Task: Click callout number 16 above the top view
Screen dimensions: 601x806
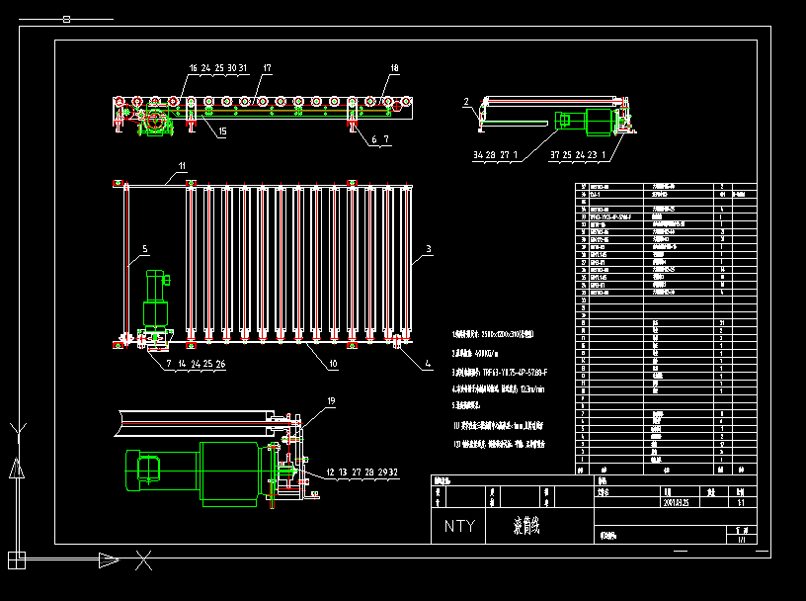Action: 194,68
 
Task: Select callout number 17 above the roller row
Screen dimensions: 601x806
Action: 267,68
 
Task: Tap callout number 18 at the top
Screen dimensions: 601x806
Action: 394,68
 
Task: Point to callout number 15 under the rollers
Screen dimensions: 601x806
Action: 221,131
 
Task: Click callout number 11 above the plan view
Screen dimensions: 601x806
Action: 182,165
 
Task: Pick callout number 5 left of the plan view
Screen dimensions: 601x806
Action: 144,249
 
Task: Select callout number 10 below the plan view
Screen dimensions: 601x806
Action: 333,365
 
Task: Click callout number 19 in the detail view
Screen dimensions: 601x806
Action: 303,401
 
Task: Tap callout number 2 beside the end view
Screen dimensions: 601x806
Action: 466,102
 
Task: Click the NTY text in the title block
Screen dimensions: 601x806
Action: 459,526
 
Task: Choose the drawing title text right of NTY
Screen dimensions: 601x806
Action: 529,526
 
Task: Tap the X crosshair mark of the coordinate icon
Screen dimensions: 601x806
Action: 143,561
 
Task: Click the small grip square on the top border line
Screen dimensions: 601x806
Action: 66,18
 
